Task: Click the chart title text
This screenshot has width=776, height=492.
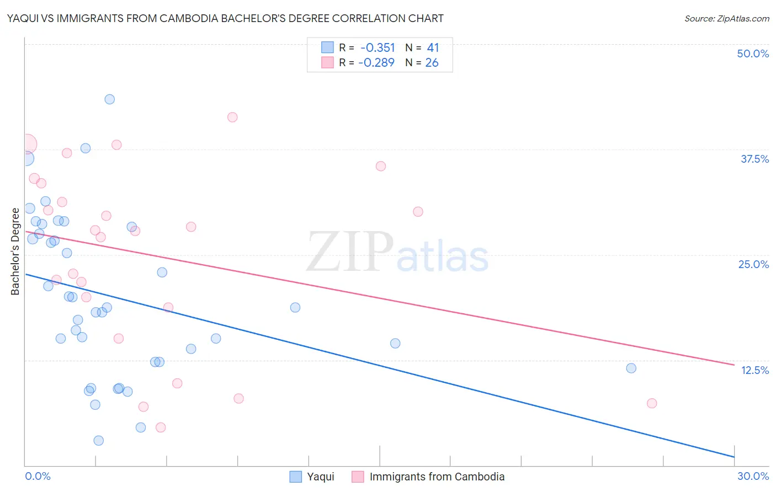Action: click(x=225, y=18)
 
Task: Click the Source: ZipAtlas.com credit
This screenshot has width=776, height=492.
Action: click(x=726, y=19)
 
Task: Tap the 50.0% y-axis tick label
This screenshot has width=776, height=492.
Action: click(x=753, y=54)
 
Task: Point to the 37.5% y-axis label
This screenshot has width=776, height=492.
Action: click(x=754, y=159)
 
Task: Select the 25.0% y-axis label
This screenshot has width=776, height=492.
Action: click(x=753, y=264)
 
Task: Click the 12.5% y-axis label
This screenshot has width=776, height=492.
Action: click(x=754, y=370)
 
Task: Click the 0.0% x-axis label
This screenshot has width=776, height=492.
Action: click(x=38, y=476)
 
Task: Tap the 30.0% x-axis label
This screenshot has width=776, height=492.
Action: click(x=753, y=476)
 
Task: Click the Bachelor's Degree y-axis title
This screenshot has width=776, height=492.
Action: click(x=15, y=251)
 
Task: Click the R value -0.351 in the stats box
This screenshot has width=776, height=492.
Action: click(x=378, y=48)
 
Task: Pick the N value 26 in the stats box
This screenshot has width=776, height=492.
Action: click(x=432, y=63)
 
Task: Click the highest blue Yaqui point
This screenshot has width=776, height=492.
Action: click(x=110, y=99)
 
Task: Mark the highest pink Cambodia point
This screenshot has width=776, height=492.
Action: click(x=232, y=117)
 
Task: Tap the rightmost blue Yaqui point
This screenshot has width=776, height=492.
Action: click(x=631, y=368)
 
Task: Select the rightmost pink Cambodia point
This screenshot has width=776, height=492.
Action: click(x=652, y=403)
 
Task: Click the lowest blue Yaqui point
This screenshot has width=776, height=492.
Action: click(x=99, y=440)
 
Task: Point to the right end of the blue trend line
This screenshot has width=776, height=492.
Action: click(x=734, y=457)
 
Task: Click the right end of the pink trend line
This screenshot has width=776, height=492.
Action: click(x=734, y=365)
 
